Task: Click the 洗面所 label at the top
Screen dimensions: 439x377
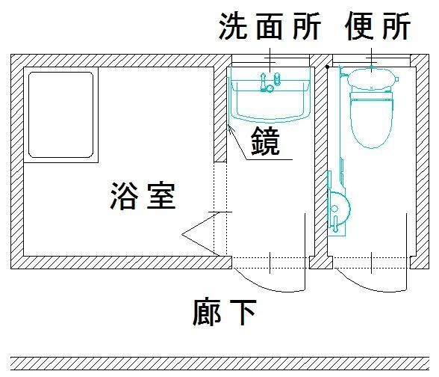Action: pyautogui.click(x=270, y=26)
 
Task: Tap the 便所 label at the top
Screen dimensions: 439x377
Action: pyautogui.click(x=378, y=26)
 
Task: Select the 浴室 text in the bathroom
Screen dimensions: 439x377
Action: pyautogui.click(x=143, y=196)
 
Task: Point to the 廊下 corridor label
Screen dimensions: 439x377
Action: pyautogui.click(x=225, y=312)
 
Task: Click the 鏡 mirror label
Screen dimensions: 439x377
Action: pyautogui.click(x=266, y=141)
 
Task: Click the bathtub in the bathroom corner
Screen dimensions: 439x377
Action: pyautogui.click(x=61, y=114)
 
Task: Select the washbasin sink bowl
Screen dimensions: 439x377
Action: pyautogui.click(x=270, y=101)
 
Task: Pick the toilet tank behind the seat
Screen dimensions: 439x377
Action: pyautogui.click(x=372, y=79)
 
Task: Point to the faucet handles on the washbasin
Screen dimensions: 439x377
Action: pyautogui.click(x=270, y=82)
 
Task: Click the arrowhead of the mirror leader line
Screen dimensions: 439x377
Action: pyautogui.click(x=230, y=129)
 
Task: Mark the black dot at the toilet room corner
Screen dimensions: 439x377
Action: pyautogui.click(x=327, y=67)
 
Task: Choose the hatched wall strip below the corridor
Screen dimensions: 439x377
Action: pyautogui.click(x=219, y=364)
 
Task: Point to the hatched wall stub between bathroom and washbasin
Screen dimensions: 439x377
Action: pyautogui.click(x=220, y=114)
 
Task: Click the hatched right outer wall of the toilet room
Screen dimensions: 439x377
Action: pyautogui.click(x=422, y=162)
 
